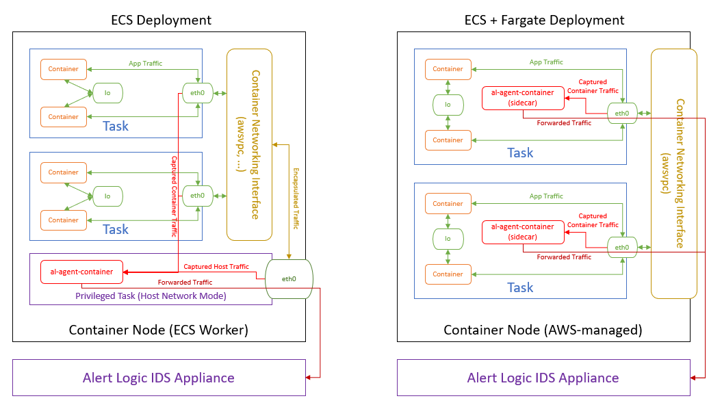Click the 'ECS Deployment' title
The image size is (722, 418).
(x=162, y=20)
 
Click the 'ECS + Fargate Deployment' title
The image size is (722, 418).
(x=545, y=20)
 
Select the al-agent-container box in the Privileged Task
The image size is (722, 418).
(x=81, y=272)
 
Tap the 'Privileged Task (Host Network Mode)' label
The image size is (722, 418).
(x=151, y=296)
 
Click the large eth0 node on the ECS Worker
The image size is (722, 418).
(x=289, y=278)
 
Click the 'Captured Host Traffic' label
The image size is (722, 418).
(x=216, y=266)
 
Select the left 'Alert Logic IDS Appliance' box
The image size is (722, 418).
(x=159, y=378)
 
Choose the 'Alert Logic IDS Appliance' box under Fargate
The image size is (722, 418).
(x=543, y=378)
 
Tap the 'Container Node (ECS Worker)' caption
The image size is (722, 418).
(x=159, y=330)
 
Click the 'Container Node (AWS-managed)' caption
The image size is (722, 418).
(x=543, y=330)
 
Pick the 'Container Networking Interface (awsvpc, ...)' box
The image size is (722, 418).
(x=250, y=144)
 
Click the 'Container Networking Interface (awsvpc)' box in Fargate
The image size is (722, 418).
(x=674, y=174)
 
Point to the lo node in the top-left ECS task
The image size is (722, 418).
(x=107, y=92)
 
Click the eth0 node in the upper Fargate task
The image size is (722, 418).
(x=622, y=114)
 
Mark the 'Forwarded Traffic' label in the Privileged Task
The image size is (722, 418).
(x=185, y=282)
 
